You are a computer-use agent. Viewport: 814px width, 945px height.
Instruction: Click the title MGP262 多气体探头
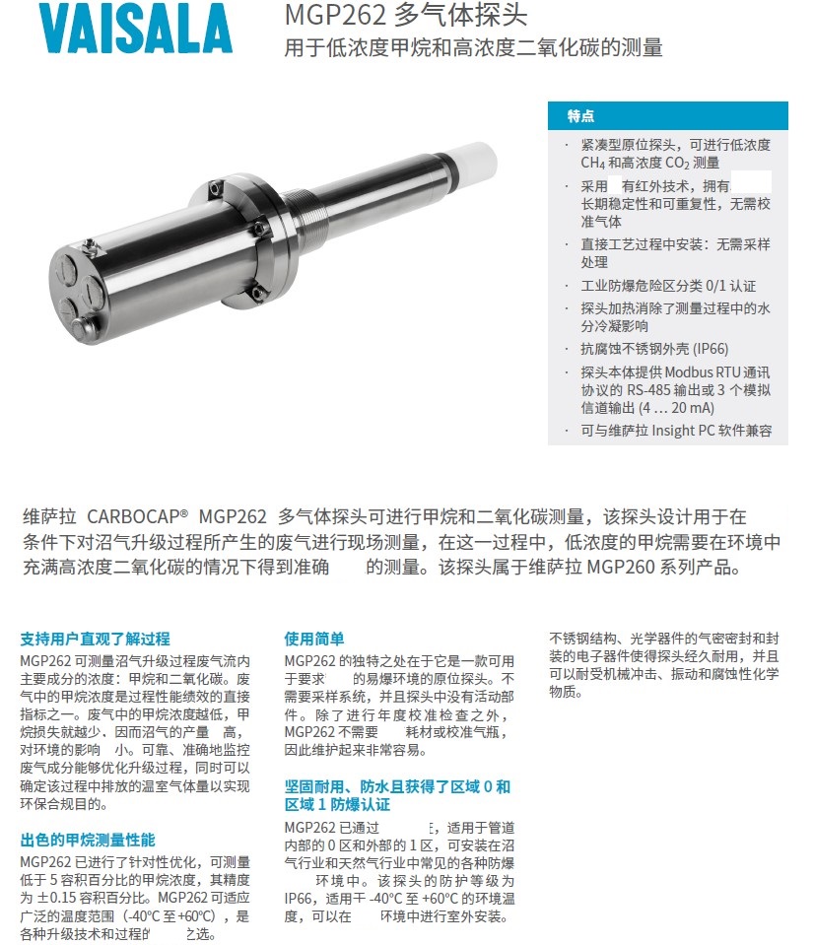405,17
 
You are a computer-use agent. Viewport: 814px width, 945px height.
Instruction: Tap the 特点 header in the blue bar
580,116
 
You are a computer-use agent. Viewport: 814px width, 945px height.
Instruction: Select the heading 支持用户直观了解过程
95,639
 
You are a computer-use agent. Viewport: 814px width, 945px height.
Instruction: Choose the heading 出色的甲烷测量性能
88,841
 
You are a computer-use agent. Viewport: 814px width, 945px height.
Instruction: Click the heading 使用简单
314,639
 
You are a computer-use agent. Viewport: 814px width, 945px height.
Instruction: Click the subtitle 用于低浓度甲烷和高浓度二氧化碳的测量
473,48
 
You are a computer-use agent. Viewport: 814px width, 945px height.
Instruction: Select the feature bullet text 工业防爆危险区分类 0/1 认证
668,286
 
